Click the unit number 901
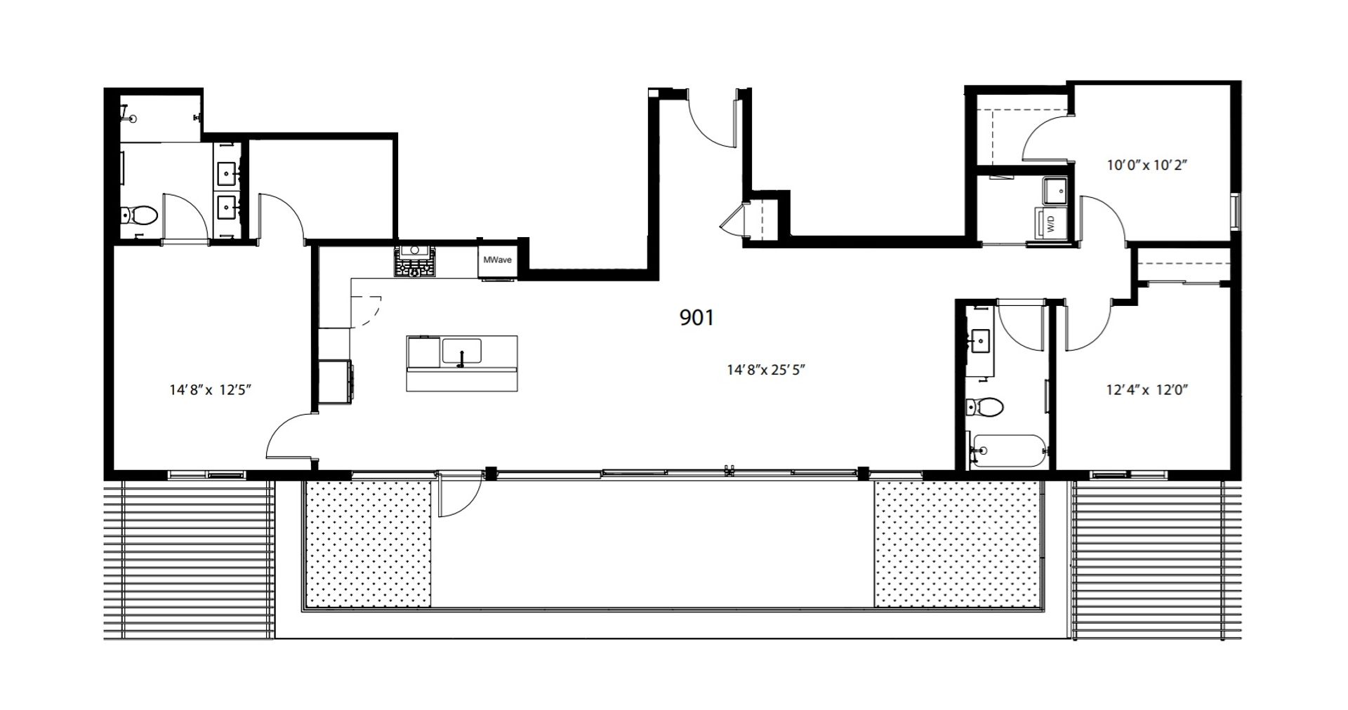tap(696, 318)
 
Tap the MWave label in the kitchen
tap(497, 260)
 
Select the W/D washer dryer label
tap(1052, 225)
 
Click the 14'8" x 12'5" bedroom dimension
tap(211, 389)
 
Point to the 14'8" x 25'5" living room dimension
tap(766, 370)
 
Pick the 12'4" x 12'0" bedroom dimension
tap(1147, 390)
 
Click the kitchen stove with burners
tap(414, 260)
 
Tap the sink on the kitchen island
tap(461, 351)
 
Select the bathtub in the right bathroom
tap(1008, 450)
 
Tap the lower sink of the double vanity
tap(227, 206)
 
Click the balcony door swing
tap(460, 495)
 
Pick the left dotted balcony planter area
tap(368, 544)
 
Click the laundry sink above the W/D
tap(1055, 189)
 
